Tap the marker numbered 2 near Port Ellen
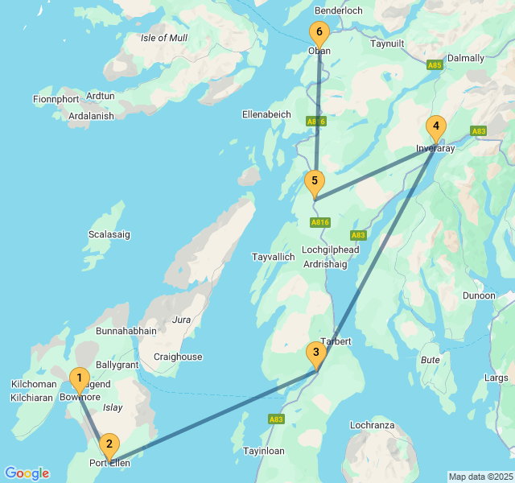point(109,444)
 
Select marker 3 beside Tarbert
point(316,353)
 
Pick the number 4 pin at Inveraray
point(435,127)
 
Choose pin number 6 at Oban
point(319,34)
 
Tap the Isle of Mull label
point(164,38)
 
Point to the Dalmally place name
point(466,58)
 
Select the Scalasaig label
point(109,234)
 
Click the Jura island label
point(181,320)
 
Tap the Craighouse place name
point(178,357)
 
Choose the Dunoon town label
point(479,295)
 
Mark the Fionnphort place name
point(56,99)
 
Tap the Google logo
point(27,473)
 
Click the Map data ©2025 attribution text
point(480,477)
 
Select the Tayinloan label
point(264,452)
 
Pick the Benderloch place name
point(339,10)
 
